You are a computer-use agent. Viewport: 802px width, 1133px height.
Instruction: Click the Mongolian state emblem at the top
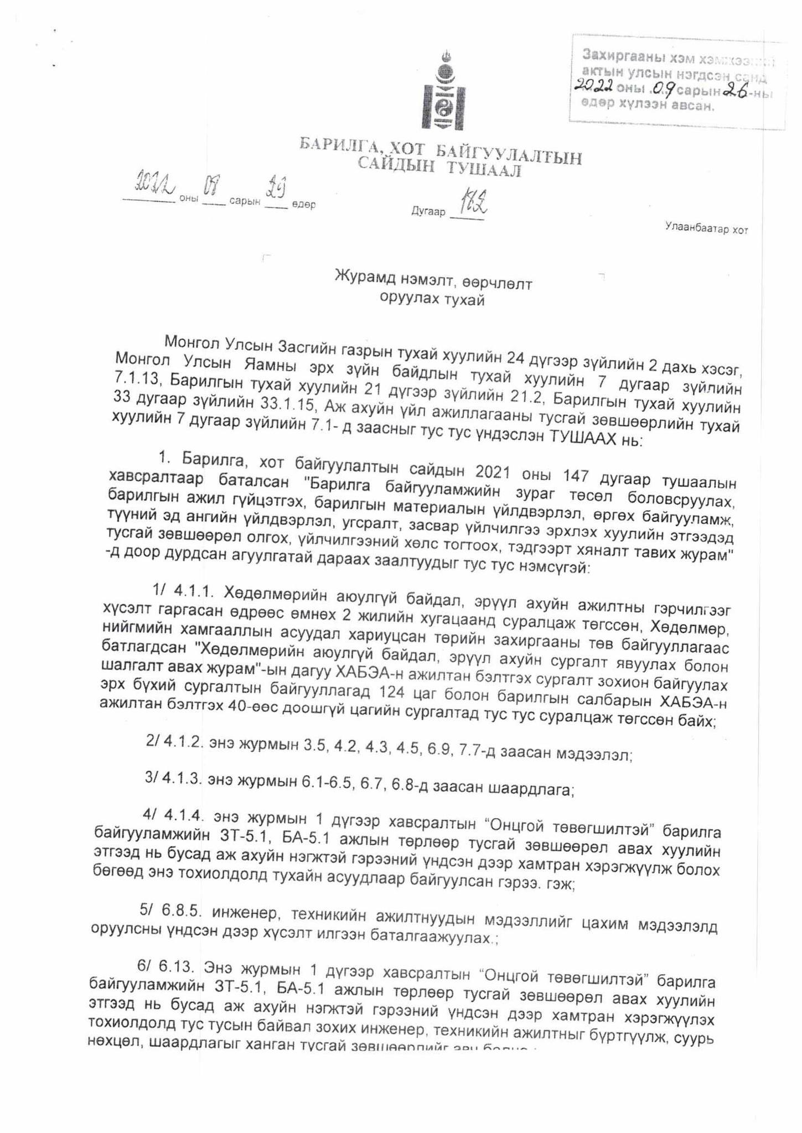click(443, 91)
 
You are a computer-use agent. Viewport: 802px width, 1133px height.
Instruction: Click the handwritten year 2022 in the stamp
click(593, 85)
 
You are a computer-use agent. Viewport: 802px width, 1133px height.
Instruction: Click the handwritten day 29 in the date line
click(275, 190)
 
